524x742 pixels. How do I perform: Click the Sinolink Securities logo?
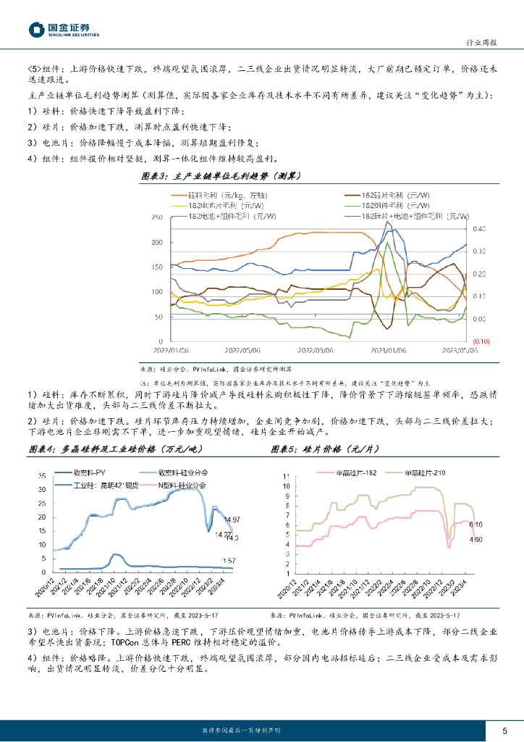tap(64, 29)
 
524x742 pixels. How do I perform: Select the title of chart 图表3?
tap(220, 176)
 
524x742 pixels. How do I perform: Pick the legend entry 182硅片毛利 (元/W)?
tap(392, 195)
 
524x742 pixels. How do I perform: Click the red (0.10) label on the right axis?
tap(482, 341)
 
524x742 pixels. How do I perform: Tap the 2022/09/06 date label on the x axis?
tap(315, 349)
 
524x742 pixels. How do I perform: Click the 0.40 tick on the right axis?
tap(479, 229)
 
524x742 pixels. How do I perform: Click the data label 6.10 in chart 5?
tap(476, 524)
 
